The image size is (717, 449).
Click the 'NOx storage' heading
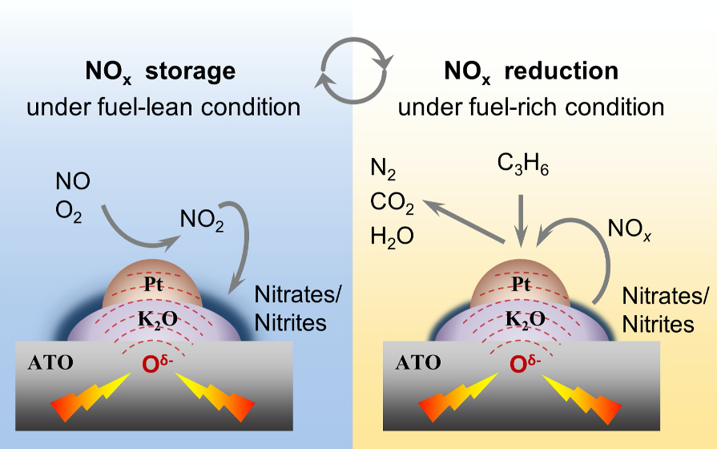coord(160,72)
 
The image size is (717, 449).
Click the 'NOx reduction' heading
coord(531,72)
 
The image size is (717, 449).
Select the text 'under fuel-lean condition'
coord(163,107)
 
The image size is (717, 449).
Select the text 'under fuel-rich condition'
coord(531,107)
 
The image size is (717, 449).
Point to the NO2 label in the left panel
coord(201,219)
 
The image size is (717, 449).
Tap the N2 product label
coord(382,170)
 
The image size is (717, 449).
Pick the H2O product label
coord(389,237)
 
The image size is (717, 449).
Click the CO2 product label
coord(392,204)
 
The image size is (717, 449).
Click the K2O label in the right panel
coord(525,319)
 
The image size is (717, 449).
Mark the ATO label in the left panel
coord(50,362)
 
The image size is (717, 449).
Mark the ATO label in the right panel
coord(418,362)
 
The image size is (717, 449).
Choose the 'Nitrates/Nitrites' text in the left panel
coord(289,308)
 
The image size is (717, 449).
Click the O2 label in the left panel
coord(69,214)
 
